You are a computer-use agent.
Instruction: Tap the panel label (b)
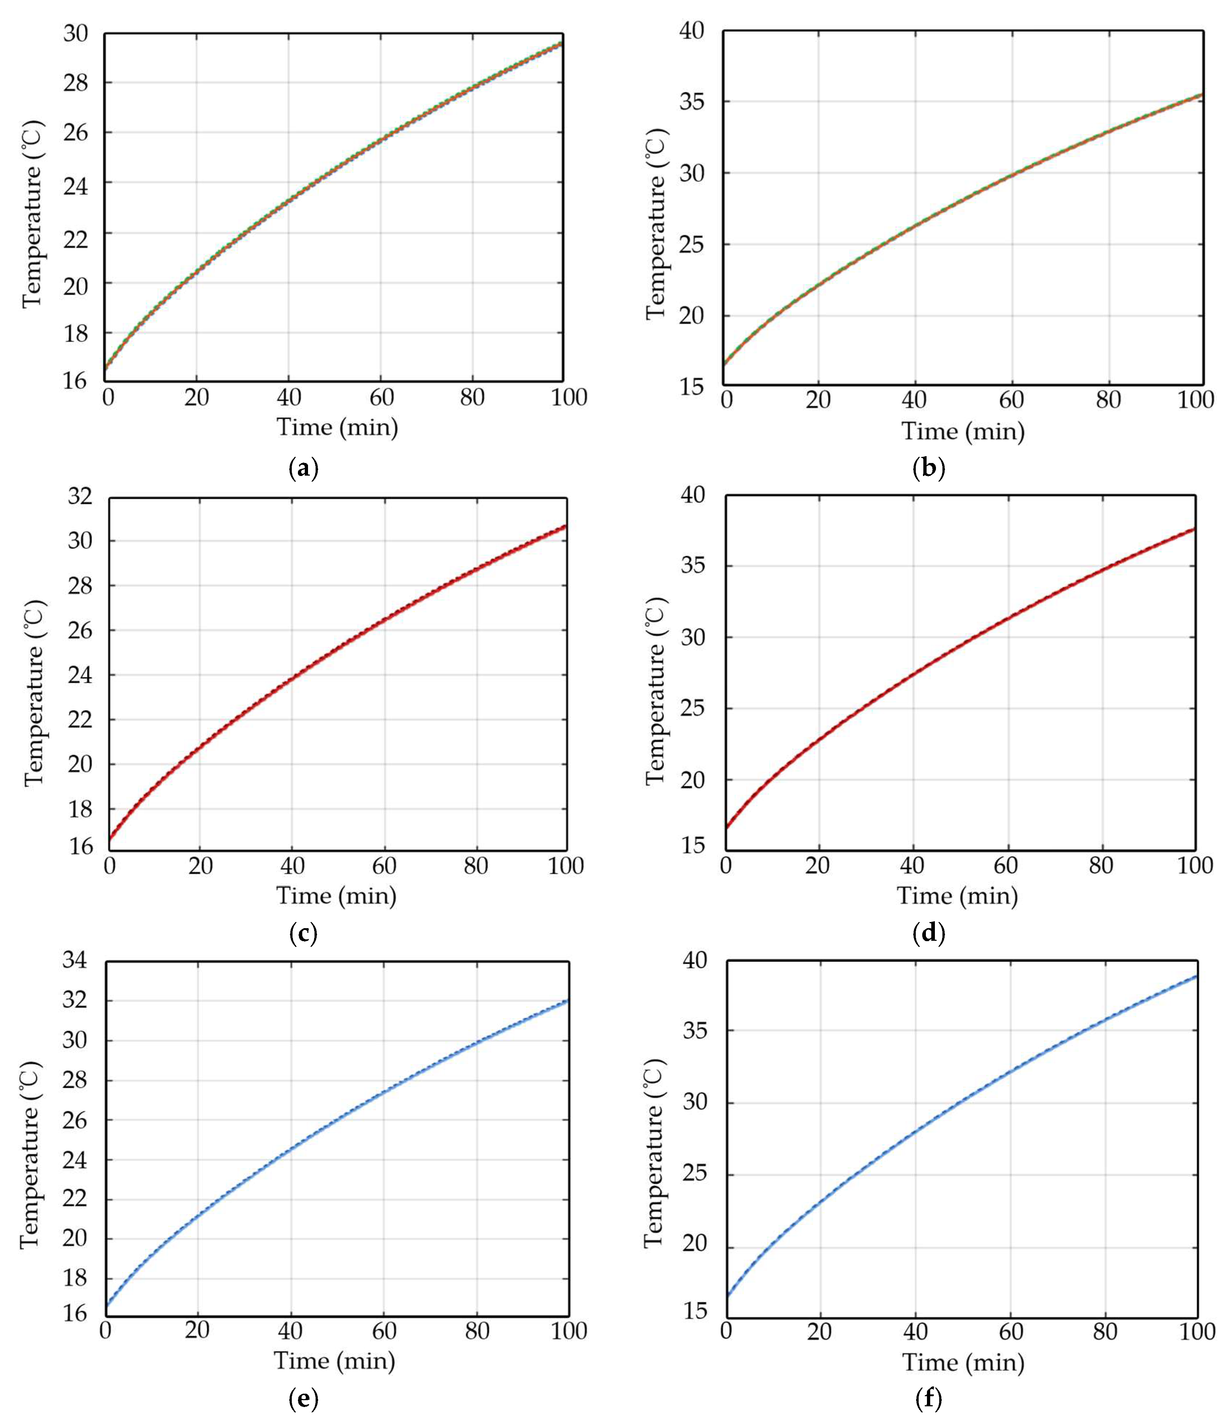(929, 469)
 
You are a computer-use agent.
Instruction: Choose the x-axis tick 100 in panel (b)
(1195, 400)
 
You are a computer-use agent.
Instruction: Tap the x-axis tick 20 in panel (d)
(817, 865)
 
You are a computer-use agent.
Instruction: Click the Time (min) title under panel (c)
(337, 896)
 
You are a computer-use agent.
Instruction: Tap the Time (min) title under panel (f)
(963, 1362)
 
